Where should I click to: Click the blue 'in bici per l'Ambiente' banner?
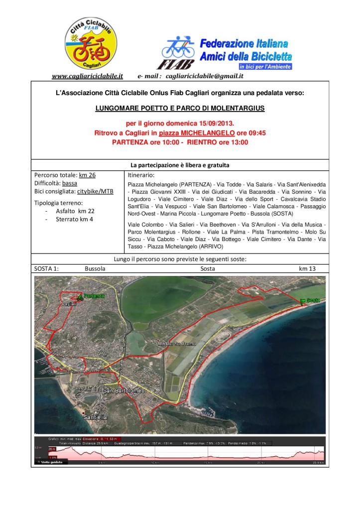(264, 66)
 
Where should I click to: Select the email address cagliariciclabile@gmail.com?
(204, 76)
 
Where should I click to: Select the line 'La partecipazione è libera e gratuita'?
(180, 165)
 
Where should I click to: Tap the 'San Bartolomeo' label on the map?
(123, 390)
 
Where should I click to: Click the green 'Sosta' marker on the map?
(312, 300)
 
